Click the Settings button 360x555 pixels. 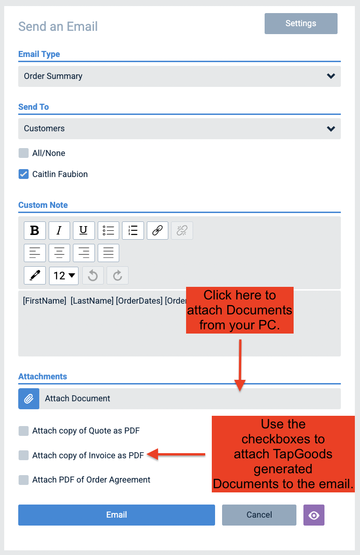pyautogui.click(x=301, y=23)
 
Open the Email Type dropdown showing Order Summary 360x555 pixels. pyautogui.click(x=179, y=76)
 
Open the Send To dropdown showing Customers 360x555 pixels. pyautogui.click(x=179, y=128)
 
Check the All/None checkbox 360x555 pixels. pyautogui.click(x=24, y=153)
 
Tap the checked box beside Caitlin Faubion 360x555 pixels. pyautogui.click(x=24, y=174)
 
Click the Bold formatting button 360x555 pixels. pyautogui.click(x=35, y=230)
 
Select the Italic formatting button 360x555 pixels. pyautogui.click(x=59, y=230)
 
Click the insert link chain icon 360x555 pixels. pyautogui.click(x=157, y=230)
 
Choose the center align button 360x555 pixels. pyautogui.click(x=59, y=253)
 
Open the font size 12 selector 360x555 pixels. pyautogui.click(x=64, y=275)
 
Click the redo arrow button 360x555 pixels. pyautogui.click(x=118, y=275)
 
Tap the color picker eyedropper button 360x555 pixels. pyautogui.click(x=35, y=275)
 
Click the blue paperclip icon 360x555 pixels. pyautogui.click(x=29, y=398)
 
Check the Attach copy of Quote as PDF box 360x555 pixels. pyautogui.click(x=24, y=431)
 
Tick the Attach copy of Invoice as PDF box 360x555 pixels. pyautogui.click(x=24, y=455)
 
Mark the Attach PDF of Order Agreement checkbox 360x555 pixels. pyautogui.click(x=24, y=480)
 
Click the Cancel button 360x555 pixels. pyautogui.click(x=259, y=515)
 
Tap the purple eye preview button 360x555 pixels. pyautogui.click(x=314, y=515)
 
